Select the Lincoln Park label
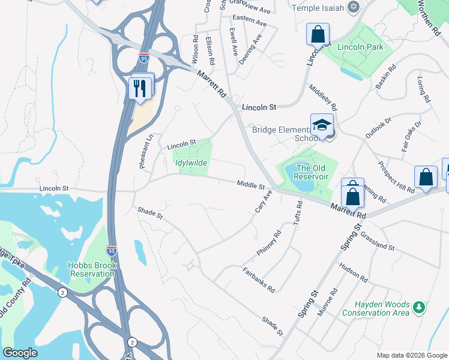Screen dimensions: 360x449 (x=360, y=46)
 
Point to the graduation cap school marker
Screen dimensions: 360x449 (x=322, y=125)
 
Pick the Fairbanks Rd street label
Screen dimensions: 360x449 (x=258, y=279)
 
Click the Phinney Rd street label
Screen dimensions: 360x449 (x=269, y=244)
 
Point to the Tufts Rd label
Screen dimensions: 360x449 (x=297, y=214)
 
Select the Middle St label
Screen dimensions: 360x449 (x=250, y=185)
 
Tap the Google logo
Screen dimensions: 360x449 (x=20, y=353)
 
